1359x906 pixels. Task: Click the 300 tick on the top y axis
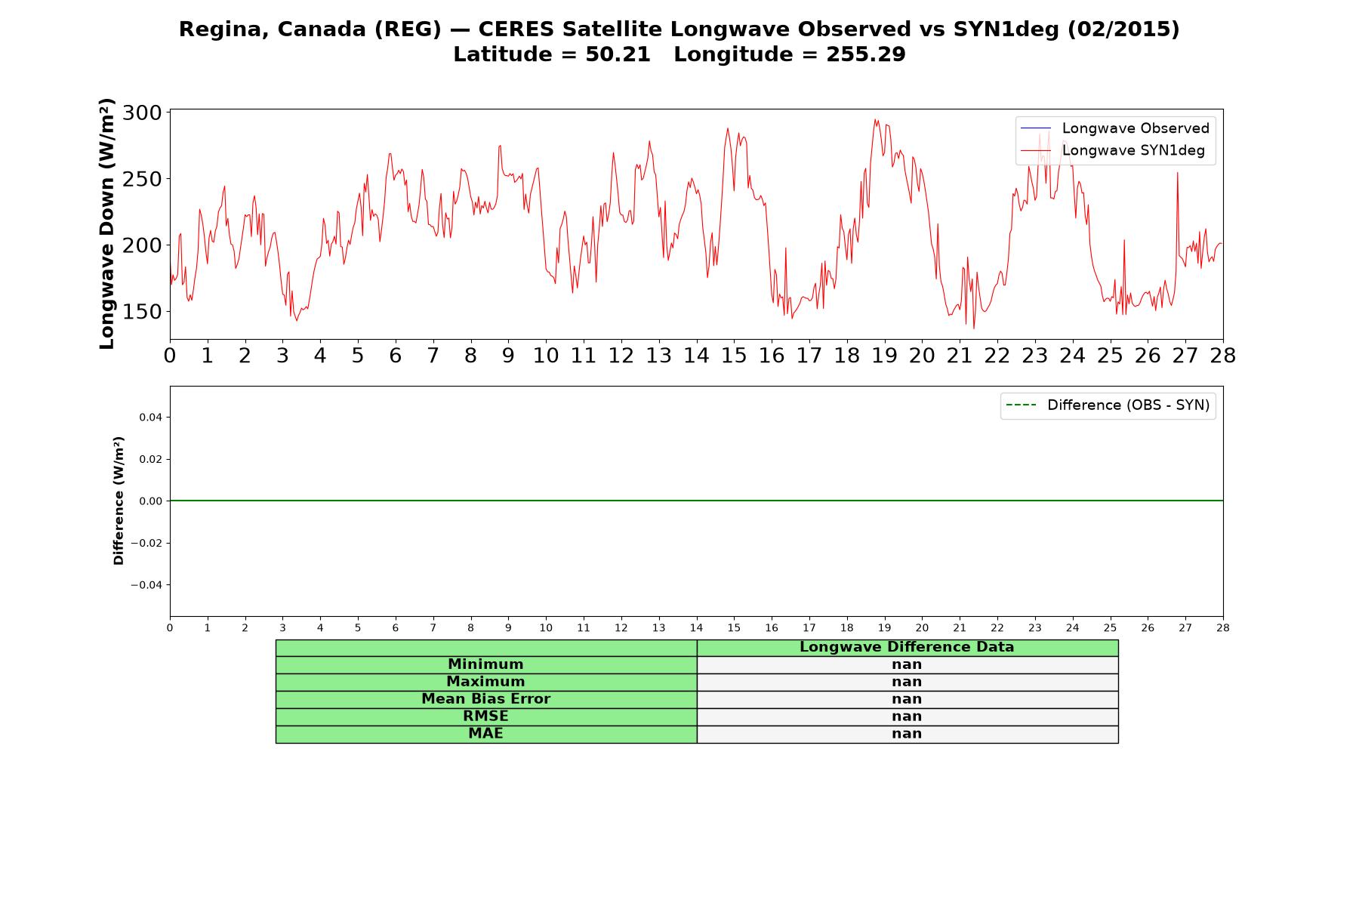pos(142,113)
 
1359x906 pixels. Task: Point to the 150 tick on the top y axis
pos(142,312)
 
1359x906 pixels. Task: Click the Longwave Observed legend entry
pos(1114,128)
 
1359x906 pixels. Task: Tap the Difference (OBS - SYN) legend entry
pos(1108,405)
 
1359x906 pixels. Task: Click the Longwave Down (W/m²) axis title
pos(106,223)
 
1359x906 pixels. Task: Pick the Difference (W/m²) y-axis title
pos(119,501)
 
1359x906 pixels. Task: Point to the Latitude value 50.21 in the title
pos(618,54)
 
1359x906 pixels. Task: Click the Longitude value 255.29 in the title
pos(865,54)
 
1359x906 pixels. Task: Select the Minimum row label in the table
pos(485,664)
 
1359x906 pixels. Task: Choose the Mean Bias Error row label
pos(485,699)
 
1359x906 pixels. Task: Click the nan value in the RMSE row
pos(907,716)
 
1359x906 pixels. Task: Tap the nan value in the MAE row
pos(907,734)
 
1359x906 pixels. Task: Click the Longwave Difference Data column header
pos(907,647)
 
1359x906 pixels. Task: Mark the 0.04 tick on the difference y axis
pos(150,418)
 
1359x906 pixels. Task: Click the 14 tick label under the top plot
pos(696,356)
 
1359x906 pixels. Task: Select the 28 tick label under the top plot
pos(1223,356)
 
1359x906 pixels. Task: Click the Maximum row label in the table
pos(485,682)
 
